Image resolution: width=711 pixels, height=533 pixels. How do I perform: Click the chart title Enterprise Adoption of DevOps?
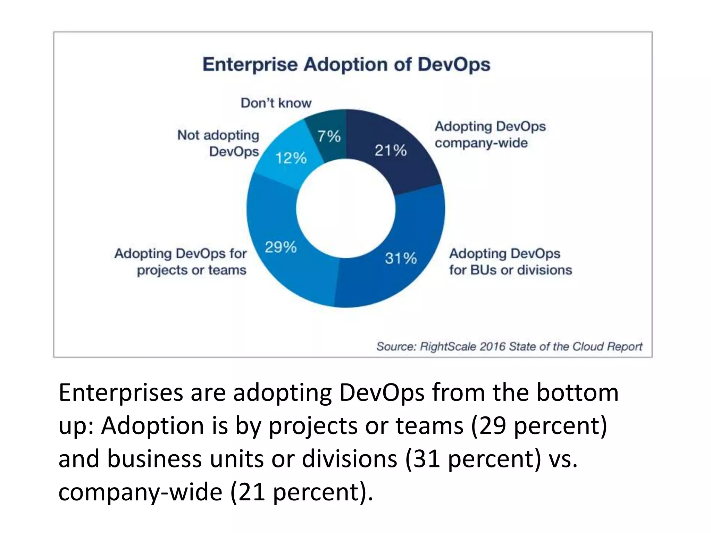point(346,65)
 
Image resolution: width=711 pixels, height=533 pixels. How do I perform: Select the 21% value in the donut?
point(391,151)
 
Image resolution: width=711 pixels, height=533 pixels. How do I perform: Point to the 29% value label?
point(281,247)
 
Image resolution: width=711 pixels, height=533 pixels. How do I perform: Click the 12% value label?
point(291,158)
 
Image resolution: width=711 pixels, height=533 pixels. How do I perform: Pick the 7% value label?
point(329,136)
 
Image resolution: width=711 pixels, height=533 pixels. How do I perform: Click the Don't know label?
point(276,103)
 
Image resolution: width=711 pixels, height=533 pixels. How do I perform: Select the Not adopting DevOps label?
point(219,143)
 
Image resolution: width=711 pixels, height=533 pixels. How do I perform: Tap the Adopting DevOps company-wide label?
point(490,135)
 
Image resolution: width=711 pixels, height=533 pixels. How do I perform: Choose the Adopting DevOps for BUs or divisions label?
point(510,262)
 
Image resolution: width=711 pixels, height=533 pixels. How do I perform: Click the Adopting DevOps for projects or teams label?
point(181,262)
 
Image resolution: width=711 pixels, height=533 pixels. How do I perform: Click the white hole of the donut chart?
point(346,209)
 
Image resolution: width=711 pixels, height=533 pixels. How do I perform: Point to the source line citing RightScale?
point(509,346)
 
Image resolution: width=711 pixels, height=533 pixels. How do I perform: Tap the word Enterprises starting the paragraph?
point(121,393)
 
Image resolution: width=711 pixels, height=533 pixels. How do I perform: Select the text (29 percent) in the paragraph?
point(539,426)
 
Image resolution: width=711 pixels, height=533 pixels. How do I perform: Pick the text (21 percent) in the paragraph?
point(301,492)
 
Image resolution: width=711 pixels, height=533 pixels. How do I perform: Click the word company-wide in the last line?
point(140,492)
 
